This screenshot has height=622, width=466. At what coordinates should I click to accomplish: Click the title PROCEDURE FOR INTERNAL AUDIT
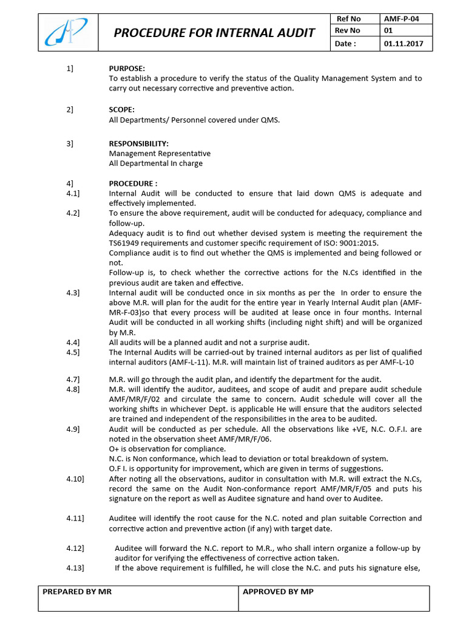[215, 33]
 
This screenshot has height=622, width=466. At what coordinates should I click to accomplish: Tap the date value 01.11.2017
[404, 44]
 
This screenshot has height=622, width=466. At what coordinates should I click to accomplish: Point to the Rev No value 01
[389, 31]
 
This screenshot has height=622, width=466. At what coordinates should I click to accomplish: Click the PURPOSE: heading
[127, 69]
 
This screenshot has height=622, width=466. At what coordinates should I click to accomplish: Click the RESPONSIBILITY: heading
[139, 143]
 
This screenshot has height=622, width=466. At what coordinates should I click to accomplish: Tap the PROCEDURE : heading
[133, 183]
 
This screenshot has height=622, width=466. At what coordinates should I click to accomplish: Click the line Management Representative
[160, 154]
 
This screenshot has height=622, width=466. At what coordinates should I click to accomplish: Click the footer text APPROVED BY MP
[278, 591]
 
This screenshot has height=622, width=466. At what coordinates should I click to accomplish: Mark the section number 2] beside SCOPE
[70, 109]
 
